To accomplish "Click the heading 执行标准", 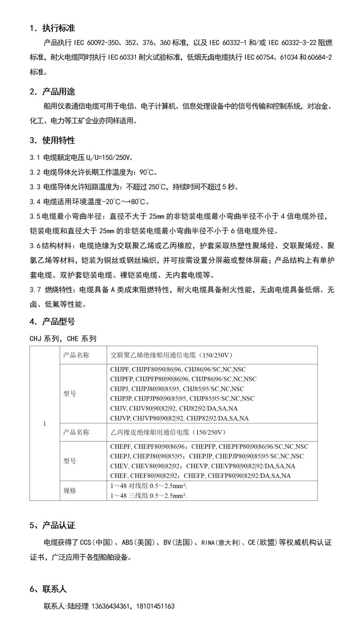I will (59, 28).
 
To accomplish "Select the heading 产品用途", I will (59, 92).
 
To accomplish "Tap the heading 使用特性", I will (59, 140).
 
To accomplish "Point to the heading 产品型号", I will (59, 322).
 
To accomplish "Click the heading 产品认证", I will (59, 525).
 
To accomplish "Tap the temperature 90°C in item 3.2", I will (148, 172).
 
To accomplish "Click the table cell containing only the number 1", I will (45, 423).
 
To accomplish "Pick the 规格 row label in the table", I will (69, 491).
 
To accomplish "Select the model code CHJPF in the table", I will (120, 369).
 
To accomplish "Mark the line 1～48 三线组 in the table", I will (148, 496).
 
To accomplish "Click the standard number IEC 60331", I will (122, 58).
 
